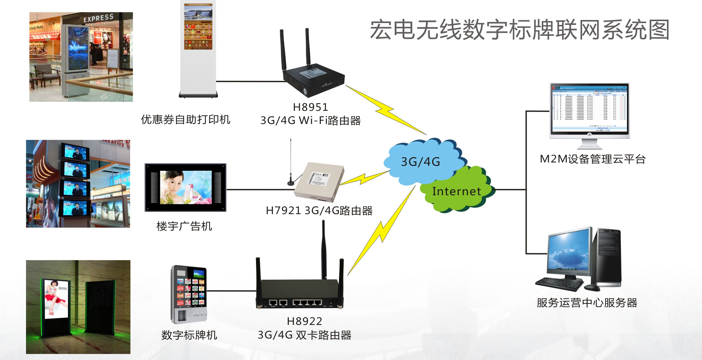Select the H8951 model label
coord(310,107)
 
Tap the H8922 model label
coord(304,321)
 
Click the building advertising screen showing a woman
coord(185,187)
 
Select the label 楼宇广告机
coord(184,226)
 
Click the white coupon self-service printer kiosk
coord(198,49)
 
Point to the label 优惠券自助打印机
coord(185,119)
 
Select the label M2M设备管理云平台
coord(592,159)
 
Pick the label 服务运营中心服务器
coord(587,303)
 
